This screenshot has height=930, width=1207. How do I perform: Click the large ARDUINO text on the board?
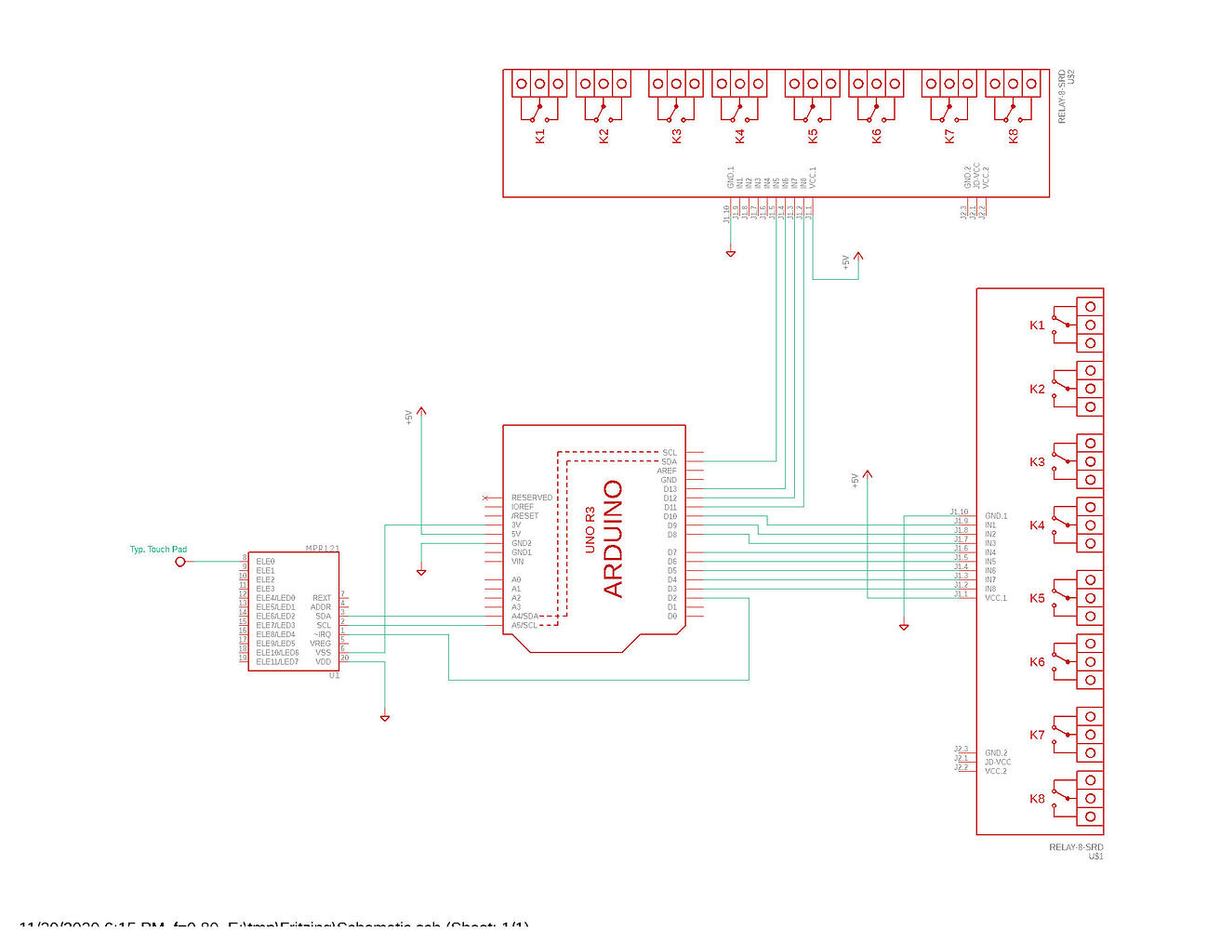(613, 538)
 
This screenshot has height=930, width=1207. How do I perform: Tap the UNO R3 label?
(590, 530)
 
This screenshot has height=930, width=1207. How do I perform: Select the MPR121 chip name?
(322, 548)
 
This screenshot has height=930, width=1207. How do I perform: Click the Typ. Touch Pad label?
(158, 550)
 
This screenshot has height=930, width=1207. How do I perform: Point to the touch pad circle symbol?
(180, 562)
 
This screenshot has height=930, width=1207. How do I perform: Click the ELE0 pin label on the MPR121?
(265, 562)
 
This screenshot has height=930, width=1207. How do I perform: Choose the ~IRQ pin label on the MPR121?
(322, 634)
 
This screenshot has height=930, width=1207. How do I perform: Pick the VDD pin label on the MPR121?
(323, 662)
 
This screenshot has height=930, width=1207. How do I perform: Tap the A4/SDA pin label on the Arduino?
(524, 617)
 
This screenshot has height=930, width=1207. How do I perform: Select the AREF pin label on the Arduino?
(667, 471)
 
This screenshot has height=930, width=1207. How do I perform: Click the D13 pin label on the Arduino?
(670, 489)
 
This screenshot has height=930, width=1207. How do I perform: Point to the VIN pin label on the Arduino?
(517, 562)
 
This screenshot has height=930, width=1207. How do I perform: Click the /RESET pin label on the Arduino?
(524, 516)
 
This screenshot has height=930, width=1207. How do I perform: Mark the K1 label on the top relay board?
(540, 136)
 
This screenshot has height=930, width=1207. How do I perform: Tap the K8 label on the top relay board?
(1014, 136)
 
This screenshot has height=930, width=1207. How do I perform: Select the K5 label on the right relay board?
(1037, 599)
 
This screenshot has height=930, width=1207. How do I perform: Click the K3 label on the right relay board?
(1037, 462)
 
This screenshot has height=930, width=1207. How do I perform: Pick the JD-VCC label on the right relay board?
(998, 763)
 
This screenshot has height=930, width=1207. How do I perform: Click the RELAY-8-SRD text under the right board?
(1076, 847)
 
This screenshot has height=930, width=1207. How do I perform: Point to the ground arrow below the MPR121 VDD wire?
(385, 718)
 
